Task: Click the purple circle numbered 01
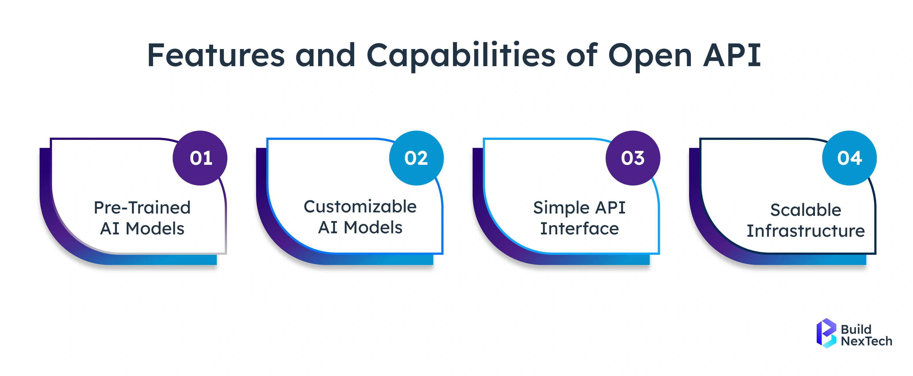point(200,158)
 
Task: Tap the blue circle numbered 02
point(416,158)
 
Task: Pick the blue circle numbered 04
point(849,158)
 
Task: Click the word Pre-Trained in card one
point(142,208)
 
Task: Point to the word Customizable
point(360,207)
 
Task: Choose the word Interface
point(579,229)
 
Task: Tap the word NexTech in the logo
point(866,341)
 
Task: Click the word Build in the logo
point(856,329)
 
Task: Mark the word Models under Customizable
point(373,227)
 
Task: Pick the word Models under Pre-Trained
point(155,229)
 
